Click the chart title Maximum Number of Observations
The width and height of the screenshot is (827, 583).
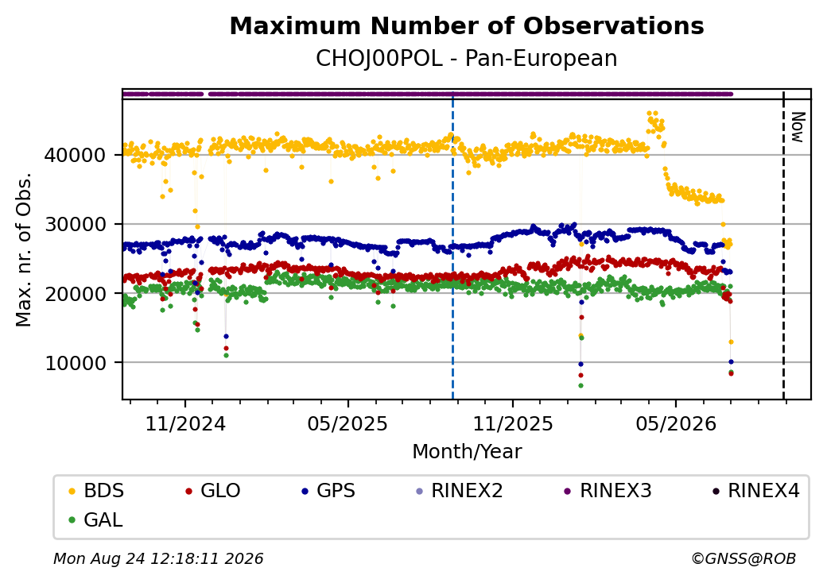point(467,25)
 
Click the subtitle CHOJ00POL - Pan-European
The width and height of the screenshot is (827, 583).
point(467,59)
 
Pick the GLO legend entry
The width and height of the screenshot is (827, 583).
point(213,491)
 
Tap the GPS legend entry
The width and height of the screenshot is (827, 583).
point(328,491)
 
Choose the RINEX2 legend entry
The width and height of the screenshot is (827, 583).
point(460,491)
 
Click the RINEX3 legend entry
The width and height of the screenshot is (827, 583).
point(608,491)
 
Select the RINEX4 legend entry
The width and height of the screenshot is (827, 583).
point(755,491)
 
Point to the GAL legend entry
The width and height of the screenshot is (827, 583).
point(96,519)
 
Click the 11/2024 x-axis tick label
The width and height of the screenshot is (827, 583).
point(185,423)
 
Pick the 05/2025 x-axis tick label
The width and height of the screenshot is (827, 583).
point(347,423)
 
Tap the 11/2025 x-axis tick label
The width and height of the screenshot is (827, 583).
point(513,423)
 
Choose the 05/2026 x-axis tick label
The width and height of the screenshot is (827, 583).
point(676,423)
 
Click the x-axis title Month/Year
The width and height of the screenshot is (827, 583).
point(467,452)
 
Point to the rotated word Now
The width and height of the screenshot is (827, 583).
point(798,127)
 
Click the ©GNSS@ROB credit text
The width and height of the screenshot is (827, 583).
point(744,558)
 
